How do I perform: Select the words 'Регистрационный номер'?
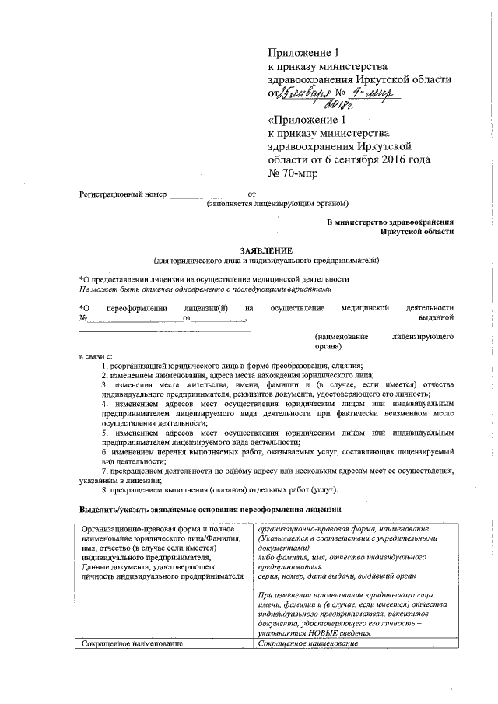pos(123,194)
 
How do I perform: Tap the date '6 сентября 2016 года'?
pos(365,160)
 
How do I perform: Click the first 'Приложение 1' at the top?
pos(304,53)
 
